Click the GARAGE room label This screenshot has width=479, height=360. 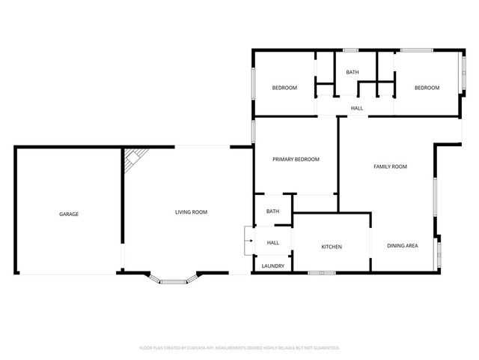tap(69, 214)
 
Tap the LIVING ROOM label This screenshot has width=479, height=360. tap(192, 211)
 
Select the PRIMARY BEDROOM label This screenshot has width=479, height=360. tap(296, 159)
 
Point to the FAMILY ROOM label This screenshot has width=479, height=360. tap(390, 166)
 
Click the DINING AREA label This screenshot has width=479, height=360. tap(403, 245)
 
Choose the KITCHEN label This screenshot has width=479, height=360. tap(332, 247)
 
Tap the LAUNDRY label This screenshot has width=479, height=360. tap(272, 266)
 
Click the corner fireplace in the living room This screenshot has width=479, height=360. tap(135, 158)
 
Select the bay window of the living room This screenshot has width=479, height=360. tap(174, 279)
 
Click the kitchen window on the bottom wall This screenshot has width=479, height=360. tap(322, 273)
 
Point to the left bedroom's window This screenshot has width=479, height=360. tap(253, 83)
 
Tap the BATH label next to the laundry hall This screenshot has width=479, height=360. tap(272, 211)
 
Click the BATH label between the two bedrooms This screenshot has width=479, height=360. tap(353, 72)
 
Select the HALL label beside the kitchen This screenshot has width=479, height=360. tap(272, 243)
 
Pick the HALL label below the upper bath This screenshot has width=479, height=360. tap(357, 108)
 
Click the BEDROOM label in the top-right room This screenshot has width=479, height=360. tap(427, 88)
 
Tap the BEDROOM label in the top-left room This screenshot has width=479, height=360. tap(284, 88)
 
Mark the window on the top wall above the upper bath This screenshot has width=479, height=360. tap(350, 50)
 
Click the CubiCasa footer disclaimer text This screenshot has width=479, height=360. tap(239, 348)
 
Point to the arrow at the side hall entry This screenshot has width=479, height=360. tap(251, 241)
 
